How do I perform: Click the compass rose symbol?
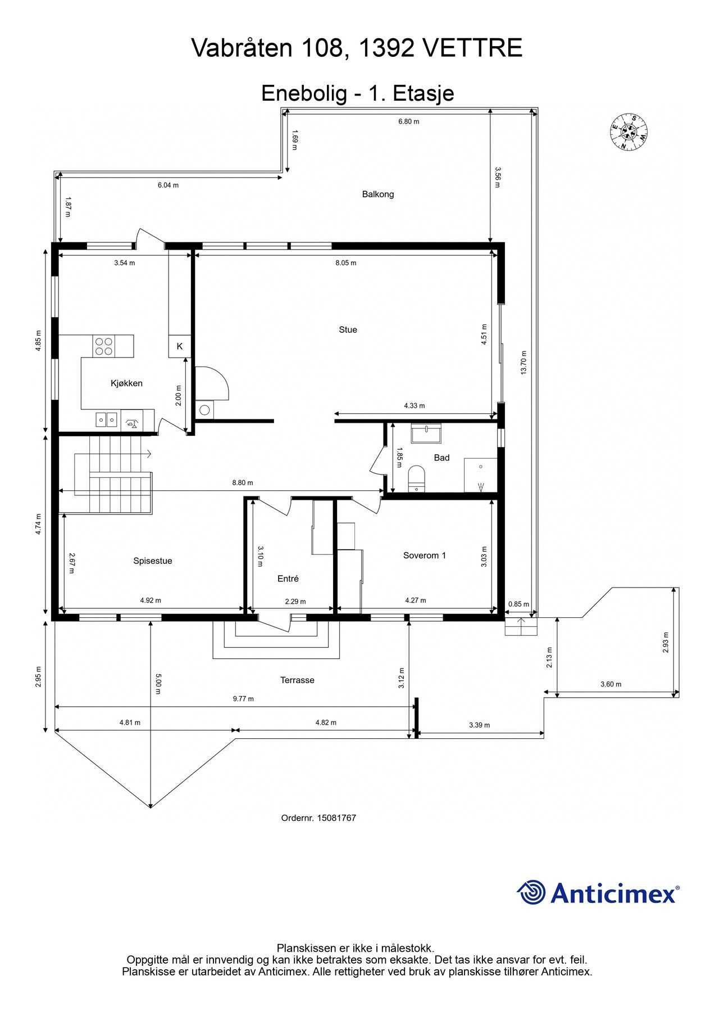(x=629, y=132)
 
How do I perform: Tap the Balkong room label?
(x=378, y=195)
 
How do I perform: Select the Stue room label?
(x=348, y=330)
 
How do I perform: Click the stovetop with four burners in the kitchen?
(x=103, y=346)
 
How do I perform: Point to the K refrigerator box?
(x=180, y=346)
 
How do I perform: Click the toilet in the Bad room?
(x=416, y=478)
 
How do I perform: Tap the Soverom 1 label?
(x=425, y=555)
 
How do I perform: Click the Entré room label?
(x=288, y=579)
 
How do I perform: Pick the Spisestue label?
(x=153, y=561)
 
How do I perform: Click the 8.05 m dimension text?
(x=346, y=263)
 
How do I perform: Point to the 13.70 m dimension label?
(x=523, y=363)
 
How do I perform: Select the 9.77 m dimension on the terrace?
(x=243, y=699)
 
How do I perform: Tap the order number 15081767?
(x=336, y=818)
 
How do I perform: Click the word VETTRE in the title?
(x=472, y=48)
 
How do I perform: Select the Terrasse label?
(x=298, y=680)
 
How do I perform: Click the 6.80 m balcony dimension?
(x=409, y=121)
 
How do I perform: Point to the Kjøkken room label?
(x=126, y=383)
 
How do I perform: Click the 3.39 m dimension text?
(x=480, y=725)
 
